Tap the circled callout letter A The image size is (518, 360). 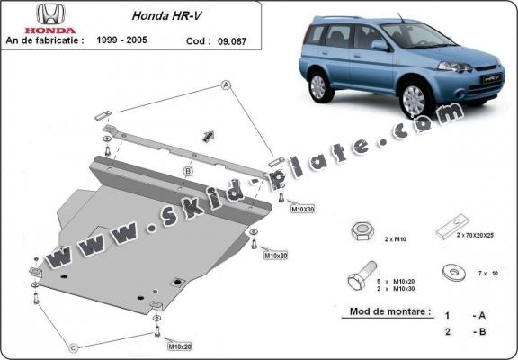[x=226, y=85]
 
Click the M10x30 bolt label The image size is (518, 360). [x=302, y=209]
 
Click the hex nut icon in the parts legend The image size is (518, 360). [x=359, y=231]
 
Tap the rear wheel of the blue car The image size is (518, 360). [x=317, y=86]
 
